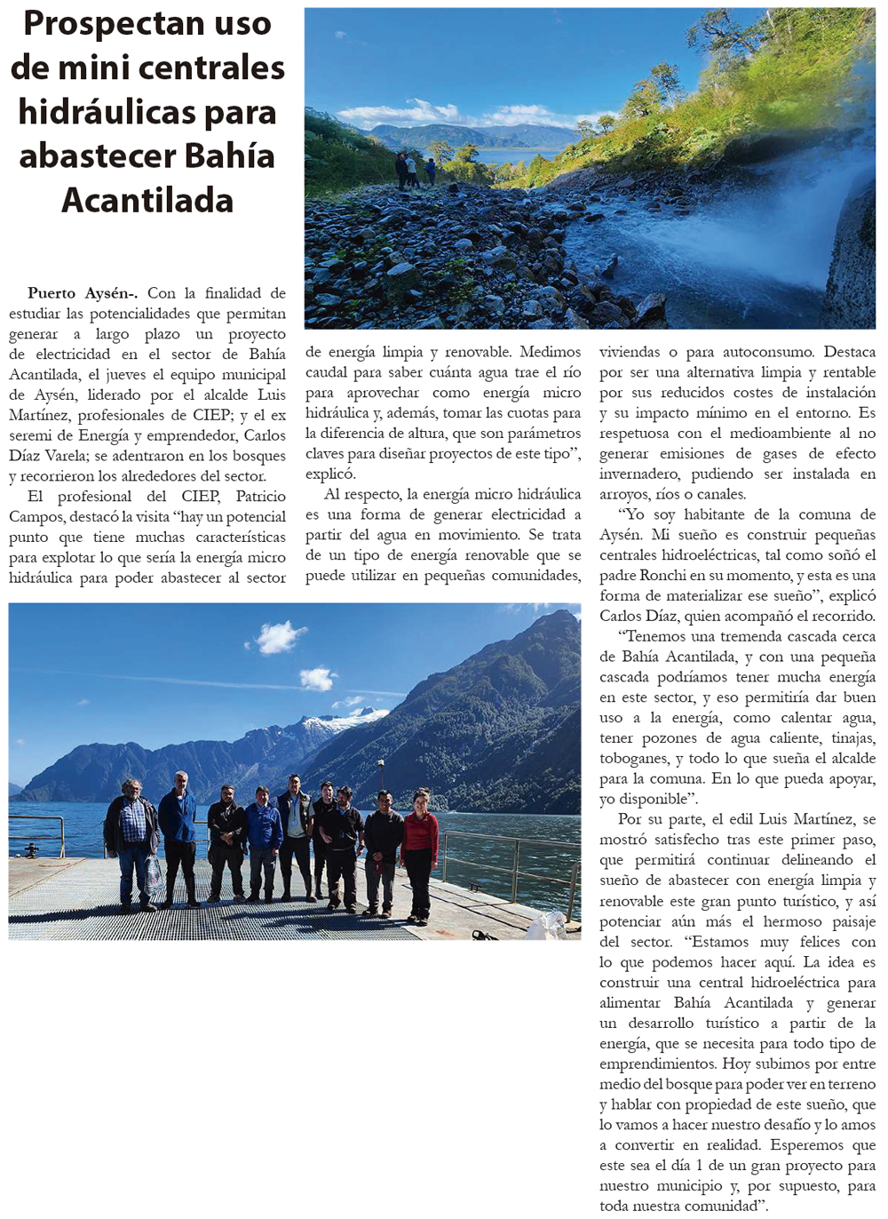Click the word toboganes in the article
(634, 758)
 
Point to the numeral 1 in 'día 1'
(700, 1165)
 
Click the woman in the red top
(419, 849)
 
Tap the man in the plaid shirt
(131, 835)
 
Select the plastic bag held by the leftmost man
(154, 875)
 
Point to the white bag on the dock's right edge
(545, 926)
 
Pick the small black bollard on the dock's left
(32, 850)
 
